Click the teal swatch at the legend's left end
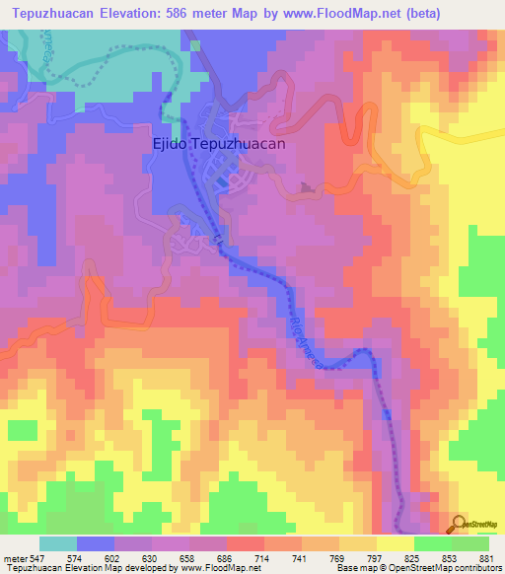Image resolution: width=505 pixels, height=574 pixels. point(58,543)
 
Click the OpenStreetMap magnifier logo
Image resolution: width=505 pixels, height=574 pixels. point(459,523)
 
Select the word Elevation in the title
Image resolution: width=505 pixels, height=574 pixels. point(126,12)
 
